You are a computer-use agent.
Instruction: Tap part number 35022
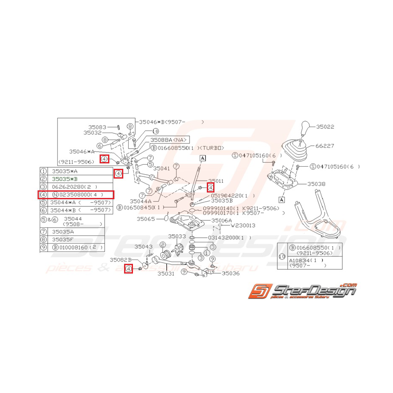[325, 126]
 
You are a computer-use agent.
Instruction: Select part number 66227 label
[325, 146]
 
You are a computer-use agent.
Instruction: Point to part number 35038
[316, 184]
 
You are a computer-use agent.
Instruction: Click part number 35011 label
[215, 180]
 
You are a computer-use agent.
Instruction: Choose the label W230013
[243, 226]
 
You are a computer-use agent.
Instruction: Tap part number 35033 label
[177, 236]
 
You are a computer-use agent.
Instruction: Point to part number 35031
[166, 274]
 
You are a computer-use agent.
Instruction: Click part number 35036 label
[230, 273]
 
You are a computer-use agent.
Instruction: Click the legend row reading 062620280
[73, 187]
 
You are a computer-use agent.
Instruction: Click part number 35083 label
[97, 127]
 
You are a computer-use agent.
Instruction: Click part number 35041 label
[161, 168]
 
